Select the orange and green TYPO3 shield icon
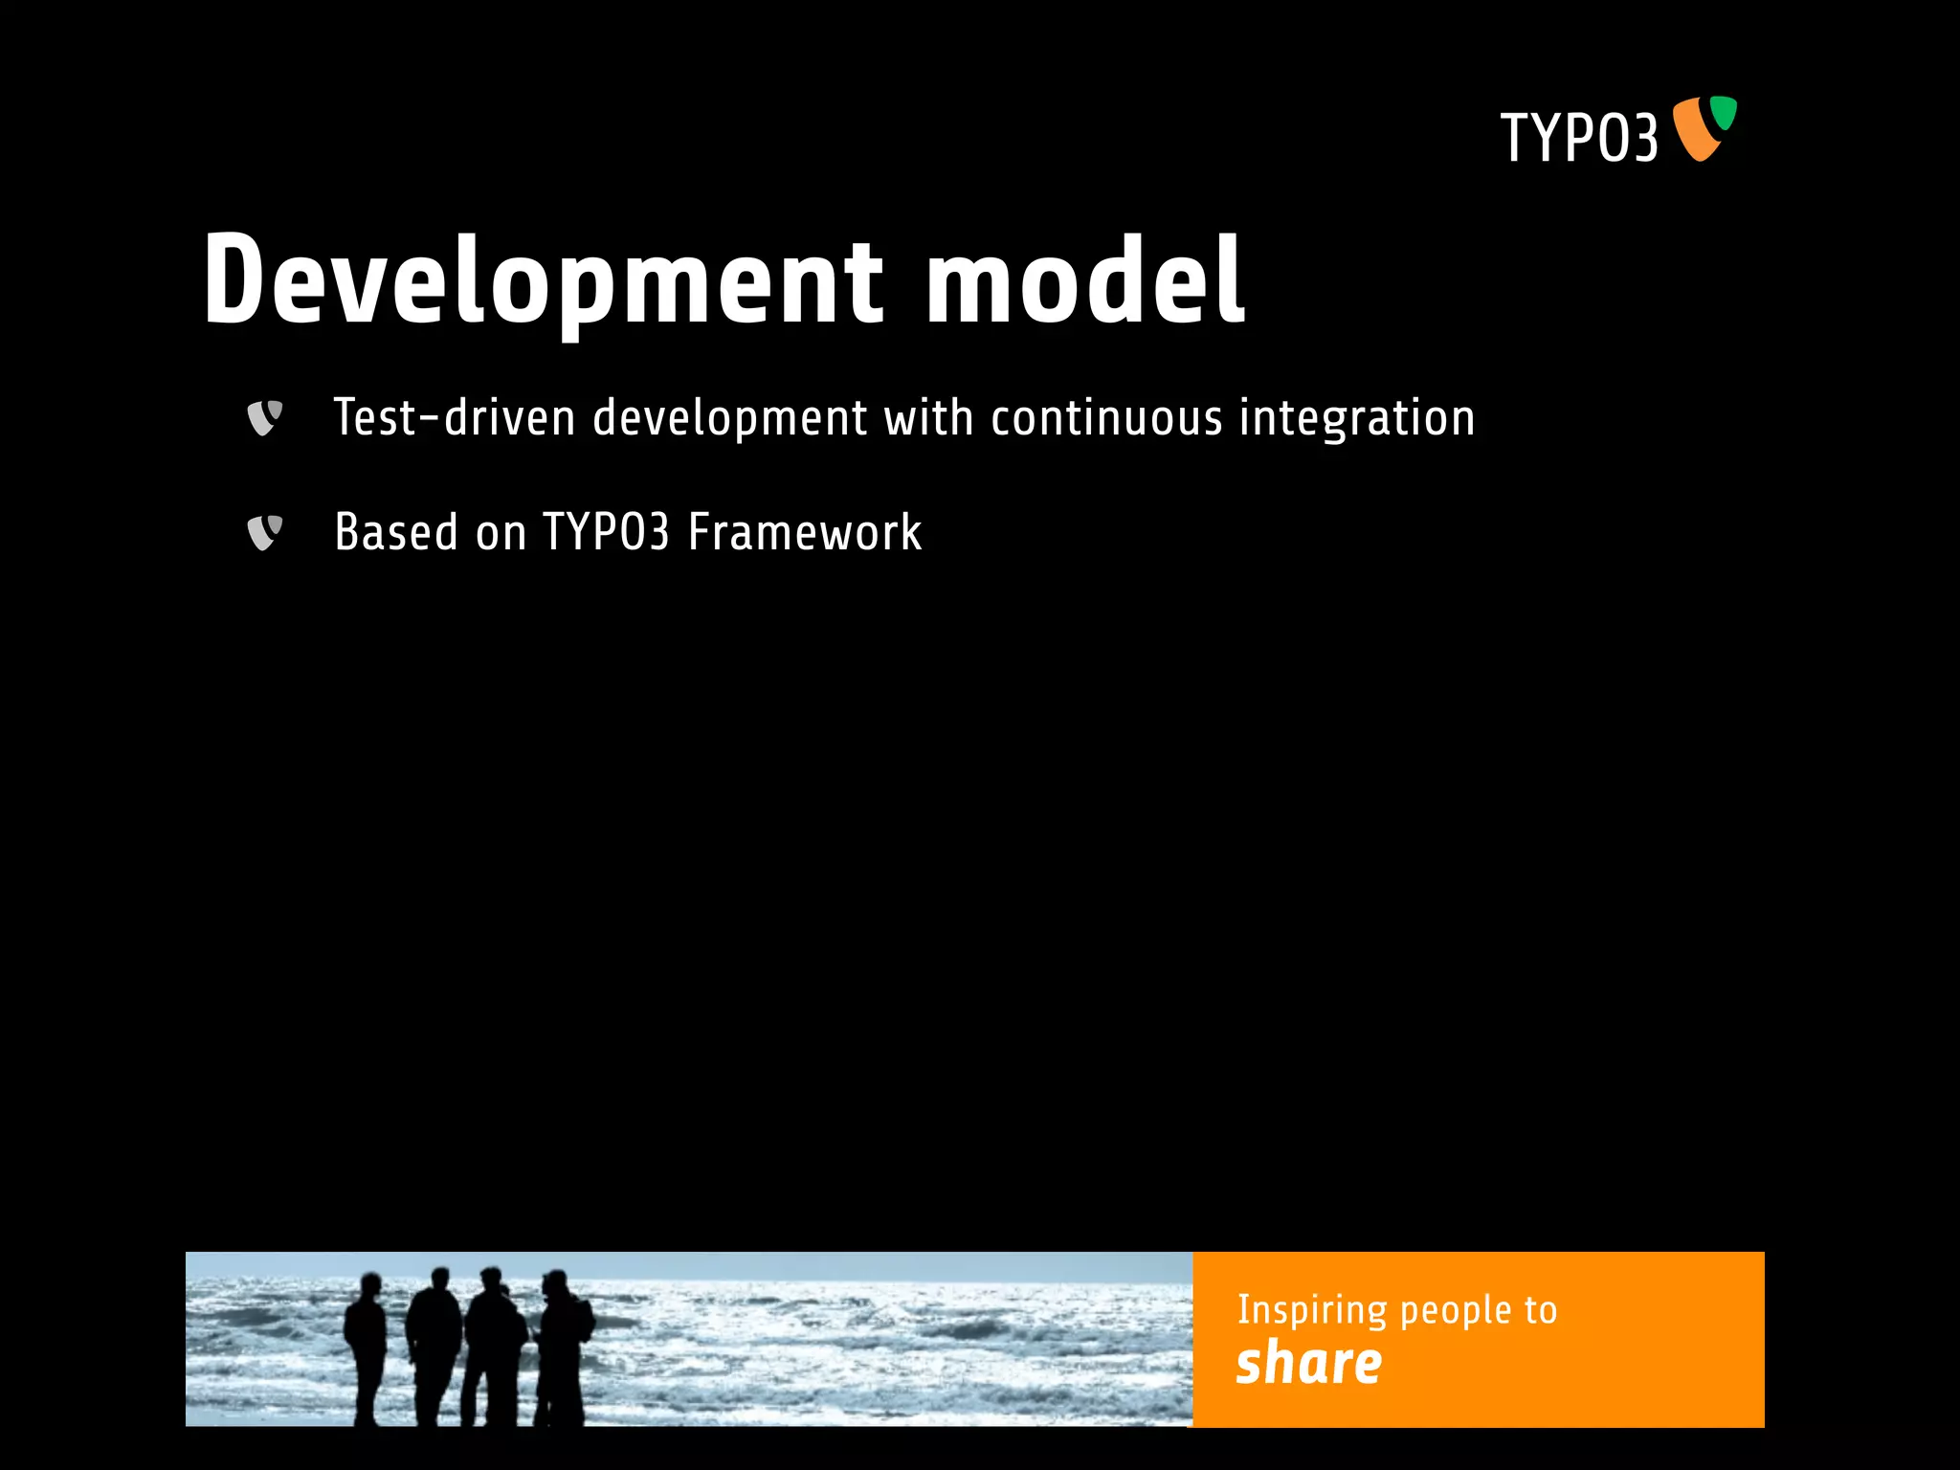click(x=1704, y=128)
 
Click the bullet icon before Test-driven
click(x=264, y=417)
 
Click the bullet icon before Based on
click(x=264, y=532)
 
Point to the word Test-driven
click(x=454, y=418)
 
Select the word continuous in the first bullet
click(x=1105, y=418)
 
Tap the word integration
click(x=1356, y=418)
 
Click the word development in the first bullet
click(x=729, y=418)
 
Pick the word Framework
click(x=805, y=532)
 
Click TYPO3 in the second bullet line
click(x=606, y=532)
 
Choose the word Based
click(x=396, y=532)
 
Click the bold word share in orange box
click(x=1308, y=1363)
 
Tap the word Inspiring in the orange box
click(x=1311, y=1310)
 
